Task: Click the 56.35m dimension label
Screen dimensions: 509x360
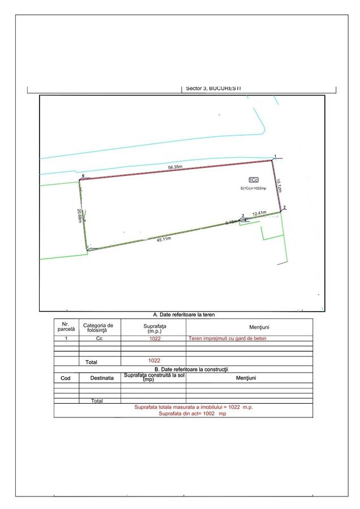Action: coord(174,167)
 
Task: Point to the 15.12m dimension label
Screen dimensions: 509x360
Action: coord(280,187)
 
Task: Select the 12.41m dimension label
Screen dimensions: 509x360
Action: coord(259,213)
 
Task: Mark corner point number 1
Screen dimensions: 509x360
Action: coord(275,156)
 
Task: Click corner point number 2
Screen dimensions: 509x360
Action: coord(284,208)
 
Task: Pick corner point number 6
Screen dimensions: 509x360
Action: coord(83,176)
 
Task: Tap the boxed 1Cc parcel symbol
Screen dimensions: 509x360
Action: coord(253,179)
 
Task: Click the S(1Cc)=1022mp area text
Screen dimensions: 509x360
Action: coord(253,188)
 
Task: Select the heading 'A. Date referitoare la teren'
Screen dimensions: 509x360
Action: coord(184,314)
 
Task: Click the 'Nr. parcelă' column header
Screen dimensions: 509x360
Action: coord(66,326)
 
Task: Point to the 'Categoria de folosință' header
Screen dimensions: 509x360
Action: coord(99,327)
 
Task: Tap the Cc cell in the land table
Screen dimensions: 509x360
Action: coord(99,339)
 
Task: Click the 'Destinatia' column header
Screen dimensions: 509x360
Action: coord(99,377)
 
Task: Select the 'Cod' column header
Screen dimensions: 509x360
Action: coord(66,377)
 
